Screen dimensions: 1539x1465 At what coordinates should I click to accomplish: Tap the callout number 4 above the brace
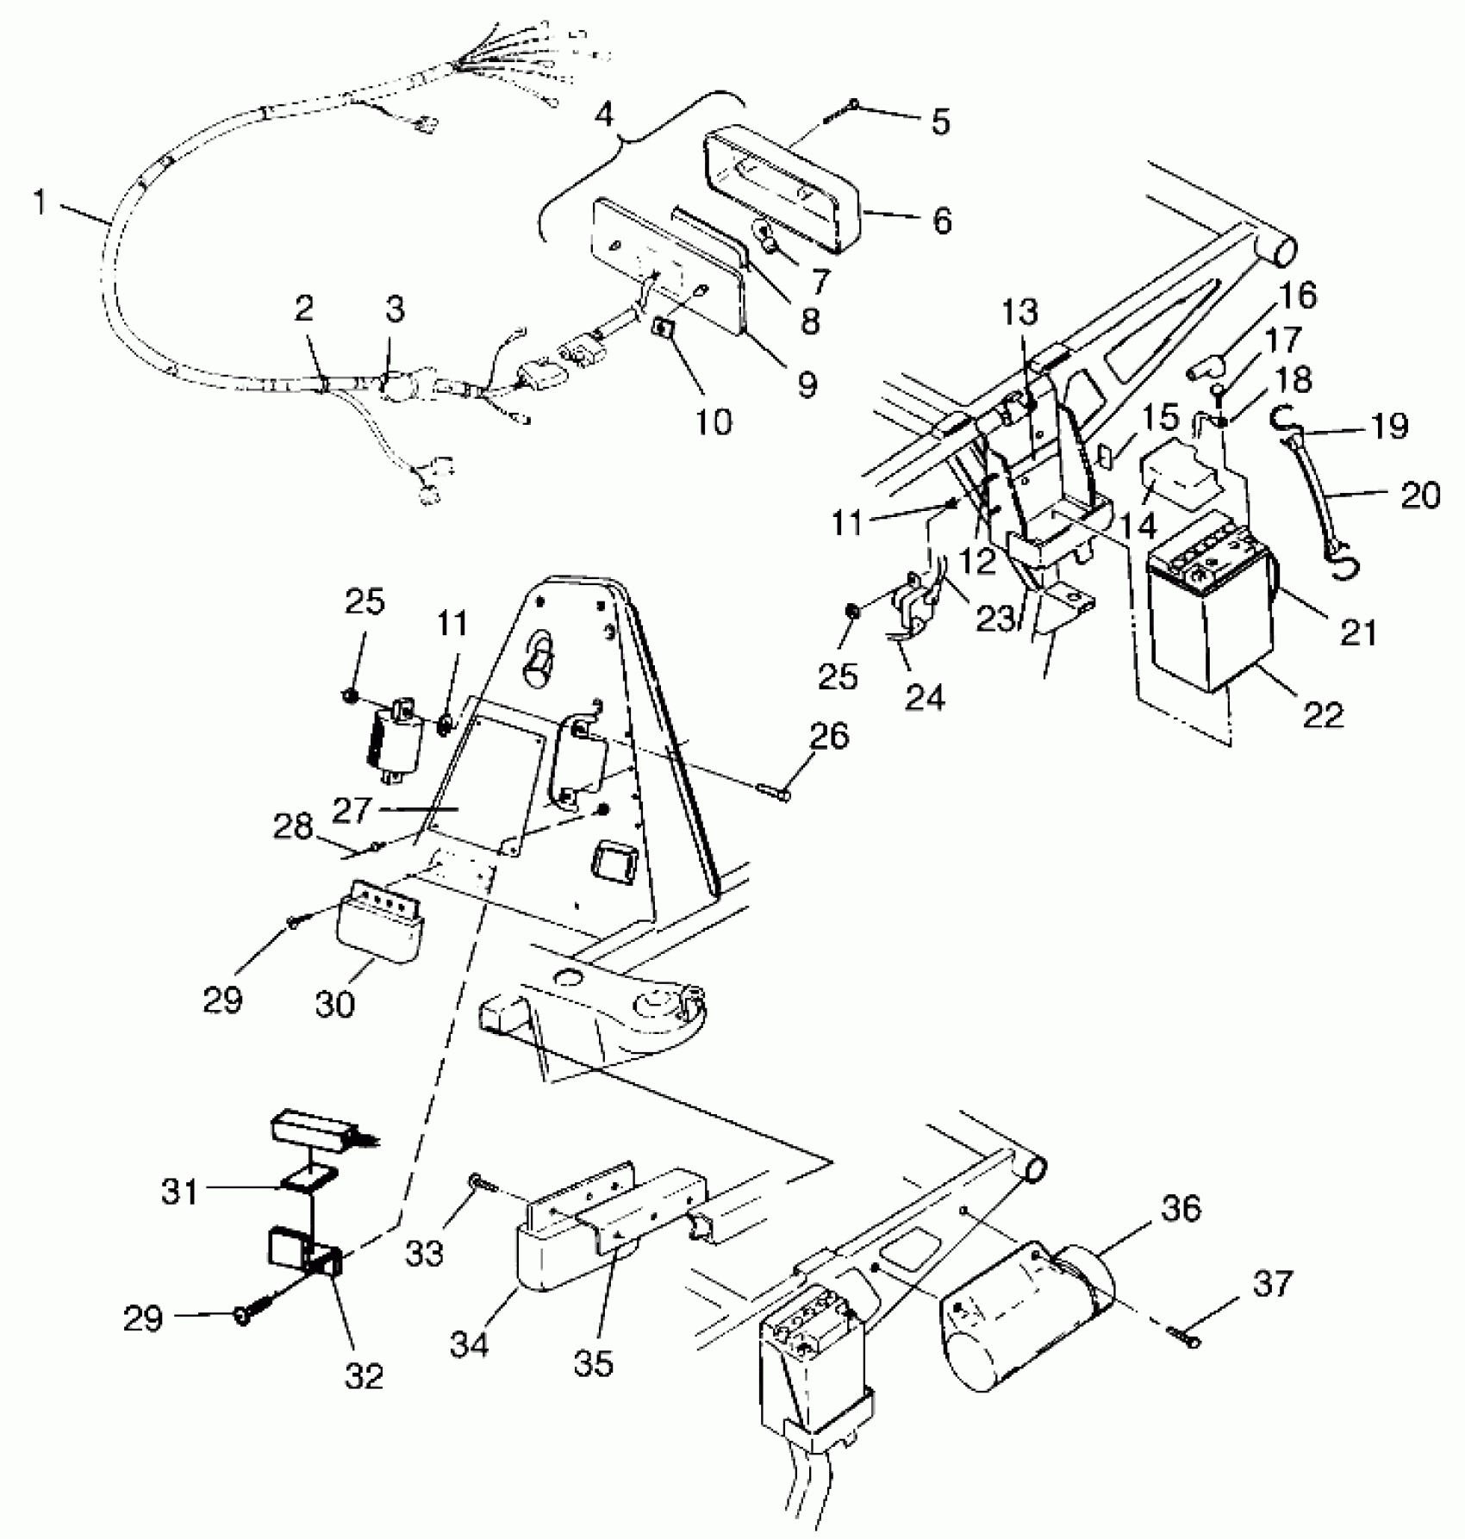point(606,114)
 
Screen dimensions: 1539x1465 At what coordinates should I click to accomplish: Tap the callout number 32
point(364,1375)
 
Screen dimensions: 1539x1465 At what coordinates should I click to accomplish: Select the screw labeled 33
point(476,1181)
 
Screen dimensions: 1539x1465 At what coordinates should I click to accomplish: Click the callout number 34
point(469,1343)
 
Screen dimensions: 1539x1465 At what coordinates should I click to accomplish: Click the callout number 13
point(1020,314)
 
